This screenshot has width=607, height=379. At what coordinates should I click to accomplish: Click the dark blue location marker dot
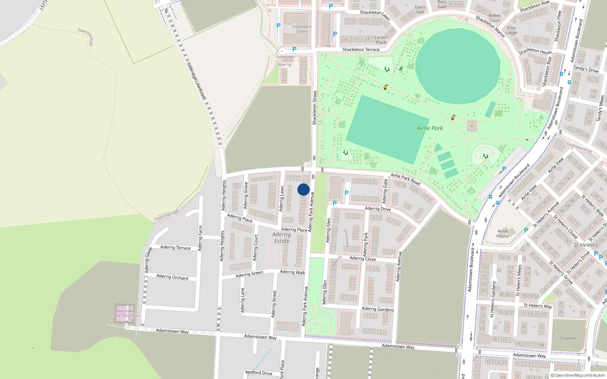(303, 189)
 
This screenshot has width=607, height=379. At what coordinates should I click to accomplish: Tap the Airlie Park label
(430, 128)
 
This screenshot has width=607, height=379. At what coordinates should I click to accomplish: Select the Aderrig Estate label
(281, 238)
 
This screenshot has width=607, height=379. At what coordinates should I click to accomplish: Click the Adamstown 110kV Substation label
(125, 313)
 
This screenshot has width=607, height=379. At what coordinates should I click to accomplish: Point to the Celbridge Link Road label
(197, 81)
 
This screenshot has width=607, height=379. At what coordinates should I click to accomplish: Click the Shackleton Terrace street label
(361, 50)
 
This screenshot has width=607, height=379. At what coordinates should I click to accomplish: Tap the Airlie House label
(502, 233)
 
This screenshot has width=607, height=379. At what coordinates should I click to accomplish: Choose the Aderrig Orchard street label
(172, 277)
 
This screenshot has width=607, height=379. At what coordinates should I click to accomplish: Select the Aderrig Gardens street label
(377, 309)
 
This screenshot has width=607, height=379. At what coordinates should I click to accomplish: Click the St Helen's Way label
(538, 305)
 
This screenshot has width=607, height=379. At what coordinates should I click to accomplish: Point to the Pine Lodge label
(511, 30)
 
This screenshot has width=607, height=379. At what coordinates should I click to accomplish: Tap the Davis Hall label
(420, 9)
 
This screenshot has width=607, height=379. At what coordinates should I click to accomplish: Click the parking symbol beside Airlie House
(526, 230)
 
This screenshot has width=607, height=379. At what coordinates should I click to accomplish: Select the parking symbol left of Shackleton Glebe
(278, 26)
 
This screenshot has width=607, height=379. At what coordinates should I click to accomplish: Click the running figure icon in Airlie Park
(401, 69)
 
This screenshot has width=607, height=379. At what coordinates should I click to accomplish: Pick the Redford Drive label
(259, 373)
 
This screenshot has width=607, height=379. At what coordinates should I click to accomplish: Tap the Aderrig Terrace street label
(175, 247)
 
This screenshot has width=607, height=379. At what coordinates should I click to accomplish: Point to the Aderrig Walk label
(292, 272)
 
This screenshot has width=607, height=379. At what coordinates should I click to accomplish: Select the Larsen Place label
(381, 39)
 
